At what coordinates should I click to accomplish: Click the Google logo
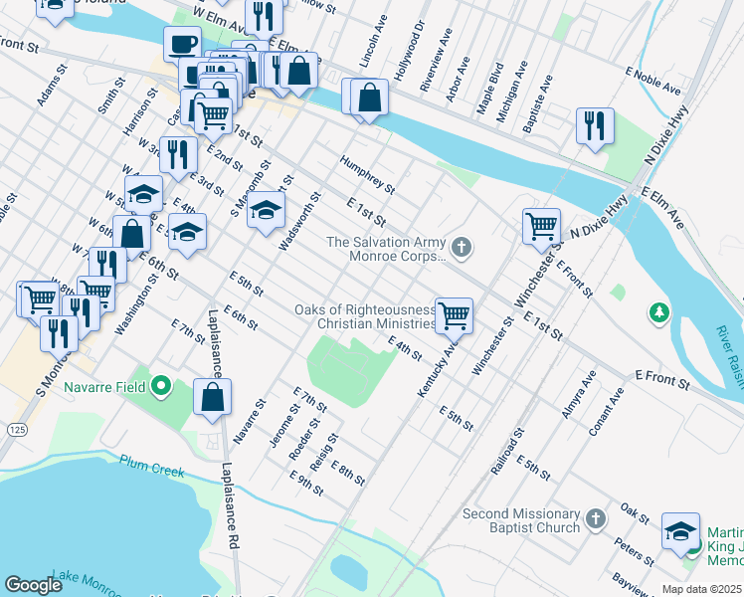click(34, 585)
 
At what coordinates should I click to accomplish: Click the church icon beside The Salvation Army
click(460, 247)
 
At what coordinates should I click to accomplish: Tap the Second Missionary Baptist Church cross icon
click(594, 519)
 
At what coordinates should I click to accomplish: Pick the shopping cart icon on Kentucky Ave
click(454, 315)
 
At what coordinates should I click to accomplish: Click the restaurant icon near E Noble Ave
click(595, 124)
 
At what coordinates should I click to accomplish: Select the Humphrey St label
click(367, 174)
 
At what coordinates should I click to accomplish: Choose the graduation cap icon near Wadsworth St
click(266, 209)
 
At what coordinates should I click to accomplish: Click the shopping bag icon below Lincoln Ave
click(369, 98)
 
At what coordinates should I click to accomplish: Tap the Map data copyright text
click(701, 589)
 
